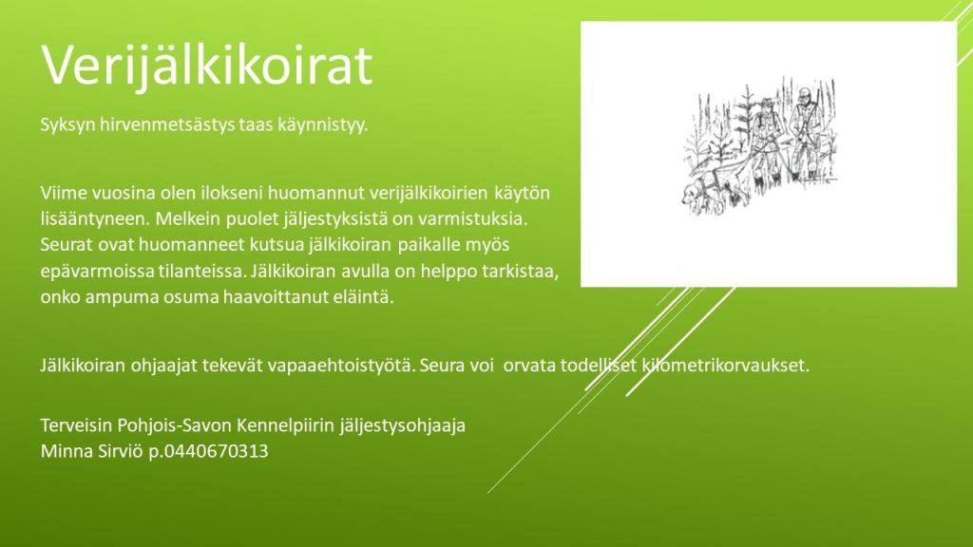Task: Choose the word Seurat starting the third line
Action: (x=67, y=244)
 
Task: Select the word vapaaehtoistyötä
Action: (x=341, y=366)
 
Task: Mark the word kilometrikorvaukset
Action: (x=725, y=365)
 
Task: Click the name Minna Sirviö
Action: (x=92, y=450)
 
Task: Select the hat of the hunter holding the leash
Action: (x=767, y=101)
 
